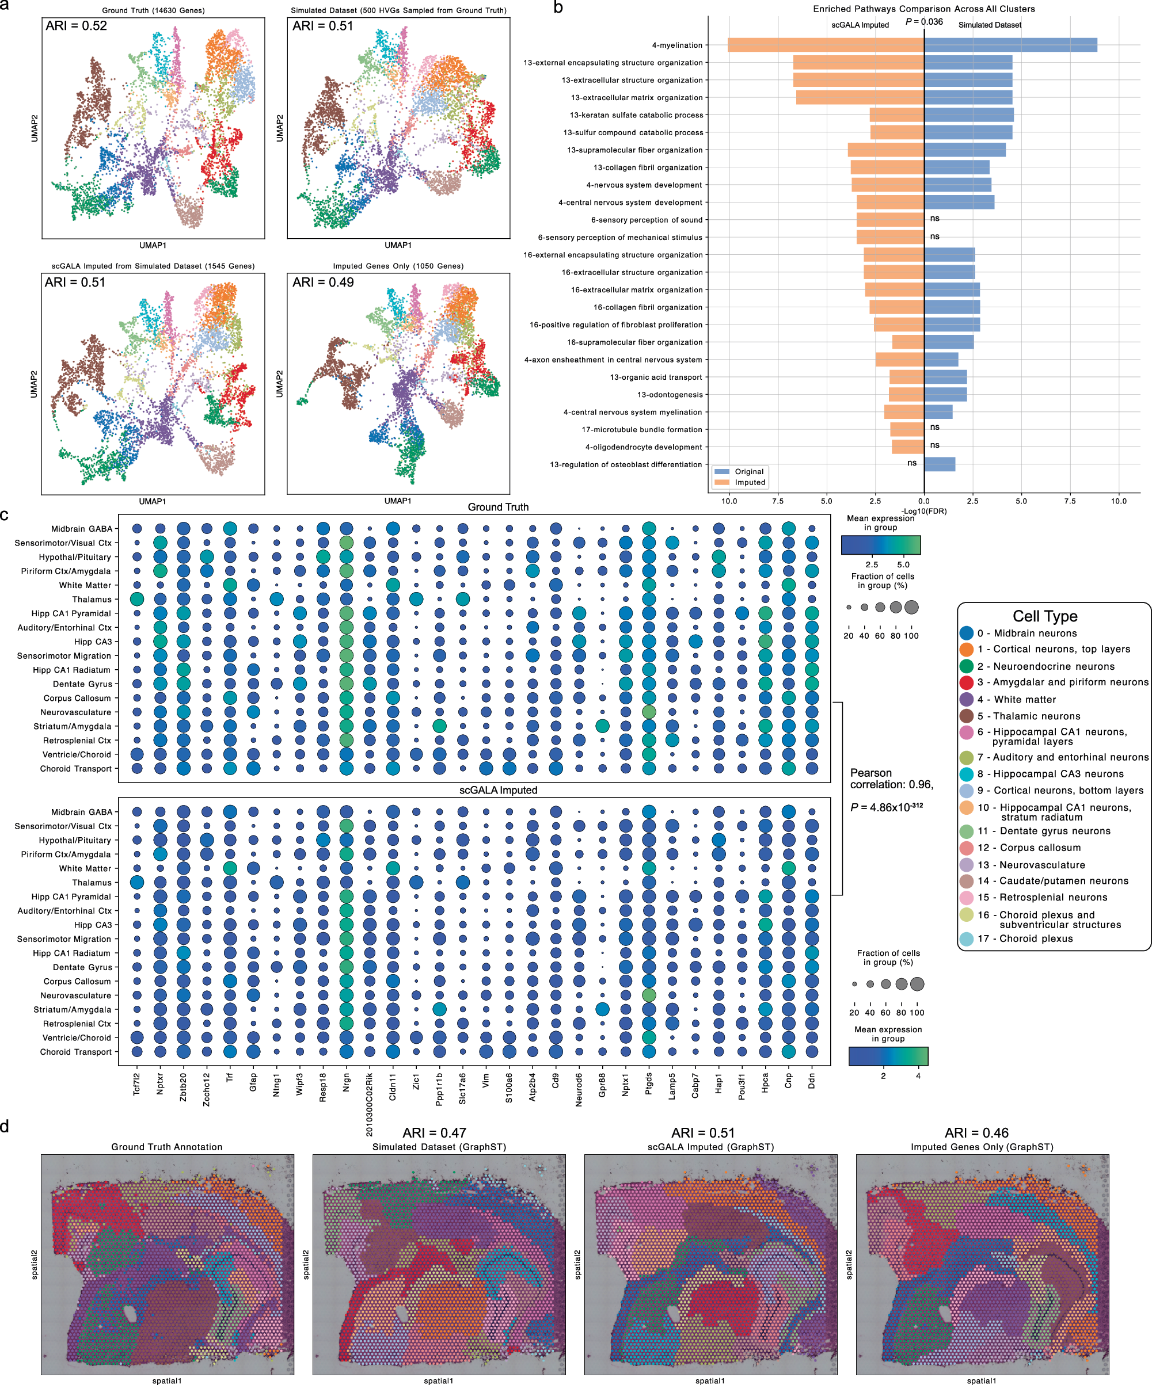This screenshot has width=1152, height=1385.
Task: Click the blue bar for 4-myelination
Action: coord(1009,45)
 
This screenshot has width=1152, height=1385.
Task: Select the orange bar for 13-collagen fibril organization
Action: coord(887,167)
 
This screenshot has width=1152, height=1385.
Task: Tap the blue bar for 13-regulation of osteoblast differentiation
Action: coord(939,464)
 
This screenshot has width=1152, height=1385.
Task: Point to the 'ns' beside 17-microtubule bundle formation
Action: coord(934,428)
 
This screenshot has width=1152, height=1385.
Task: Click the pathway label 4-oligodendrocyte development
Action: coord(643,447)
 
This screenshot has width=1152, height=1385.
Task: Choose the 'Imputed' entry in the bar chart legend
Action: coord(750,482)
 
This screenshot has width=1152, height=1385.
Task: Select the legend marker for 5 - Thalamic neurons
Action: coord(967,716)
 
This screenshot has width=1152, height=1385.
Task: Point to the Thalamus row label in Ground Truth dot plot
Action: coord(92,600)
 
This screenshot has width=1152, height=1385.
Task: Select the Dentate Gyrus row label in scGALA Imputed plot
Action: coord(82,967)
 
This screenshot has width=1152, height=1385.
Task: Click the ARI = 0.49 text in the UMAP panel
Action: coord(324,283)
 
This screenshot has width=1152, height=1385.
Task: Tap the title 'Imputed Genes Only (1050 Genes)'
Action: coord(398,266)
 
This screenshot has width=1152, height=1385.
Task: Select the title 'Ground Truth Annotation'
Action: coord(167,1147)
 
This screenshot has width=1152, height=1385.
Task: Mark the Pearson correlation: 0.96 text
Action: coord(891,779)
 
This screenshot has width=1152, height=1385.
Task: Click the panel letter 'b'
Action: coord(558,8)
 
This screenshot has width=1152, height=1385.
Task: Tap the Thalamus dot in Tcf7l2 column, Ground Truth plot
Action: coord(136,599)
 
